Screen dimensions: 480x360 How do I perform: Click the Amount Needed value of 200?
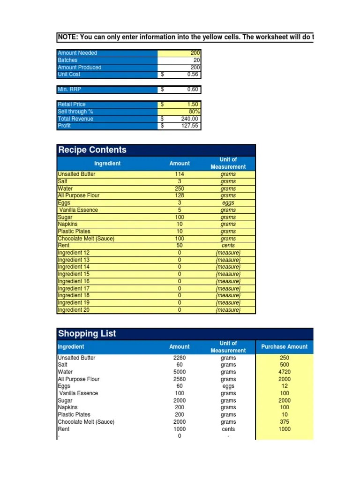[x=195, y=53]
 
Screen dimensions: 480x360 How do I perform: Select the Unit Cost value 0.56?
[x=192, y=74]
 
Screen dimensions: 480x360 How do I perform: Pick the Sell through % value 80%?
[x=194, y=112]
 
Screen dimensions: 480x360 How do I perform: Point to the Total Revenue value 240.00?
[x=190, y=119]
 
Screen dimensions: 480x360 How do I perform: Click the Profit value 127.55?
[x=190, y=126]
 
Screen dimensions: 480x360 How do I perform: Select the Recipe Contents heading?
[x=92, y=150]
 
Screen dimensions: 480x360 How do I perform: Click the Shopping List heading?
[x=87, y=334]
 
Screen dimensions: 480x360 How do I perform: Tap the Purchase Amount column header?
[x=284, y=347]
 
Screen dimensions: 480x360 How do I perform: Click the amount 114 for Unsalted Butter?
[x=180, y=174]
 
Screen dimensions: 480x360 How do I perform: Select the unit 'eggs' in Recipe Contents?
[x=228, y=203]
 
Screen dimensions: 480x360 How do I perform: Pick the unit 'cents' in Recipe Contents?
[x=228, y=245]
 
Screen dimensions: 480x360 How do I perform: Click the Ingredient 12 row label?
[x=74, y=253]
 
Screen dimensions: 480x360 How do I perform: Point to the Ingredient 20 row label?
[x=74, y=310]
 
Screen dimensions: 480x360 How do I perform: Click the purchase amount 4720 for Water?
[x=284, y=372]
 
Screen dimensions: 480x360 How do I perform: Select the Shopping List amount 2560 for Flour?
[x=180, y=379]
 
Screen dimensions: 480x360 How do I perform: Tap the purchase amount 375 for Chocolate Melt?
[x=284, y=422]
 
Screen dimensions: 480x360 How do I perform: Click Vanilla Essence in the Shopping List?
[x=78, y=393]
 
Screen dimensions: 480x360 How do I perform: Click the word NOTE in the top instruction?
[x=67, y=37]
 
